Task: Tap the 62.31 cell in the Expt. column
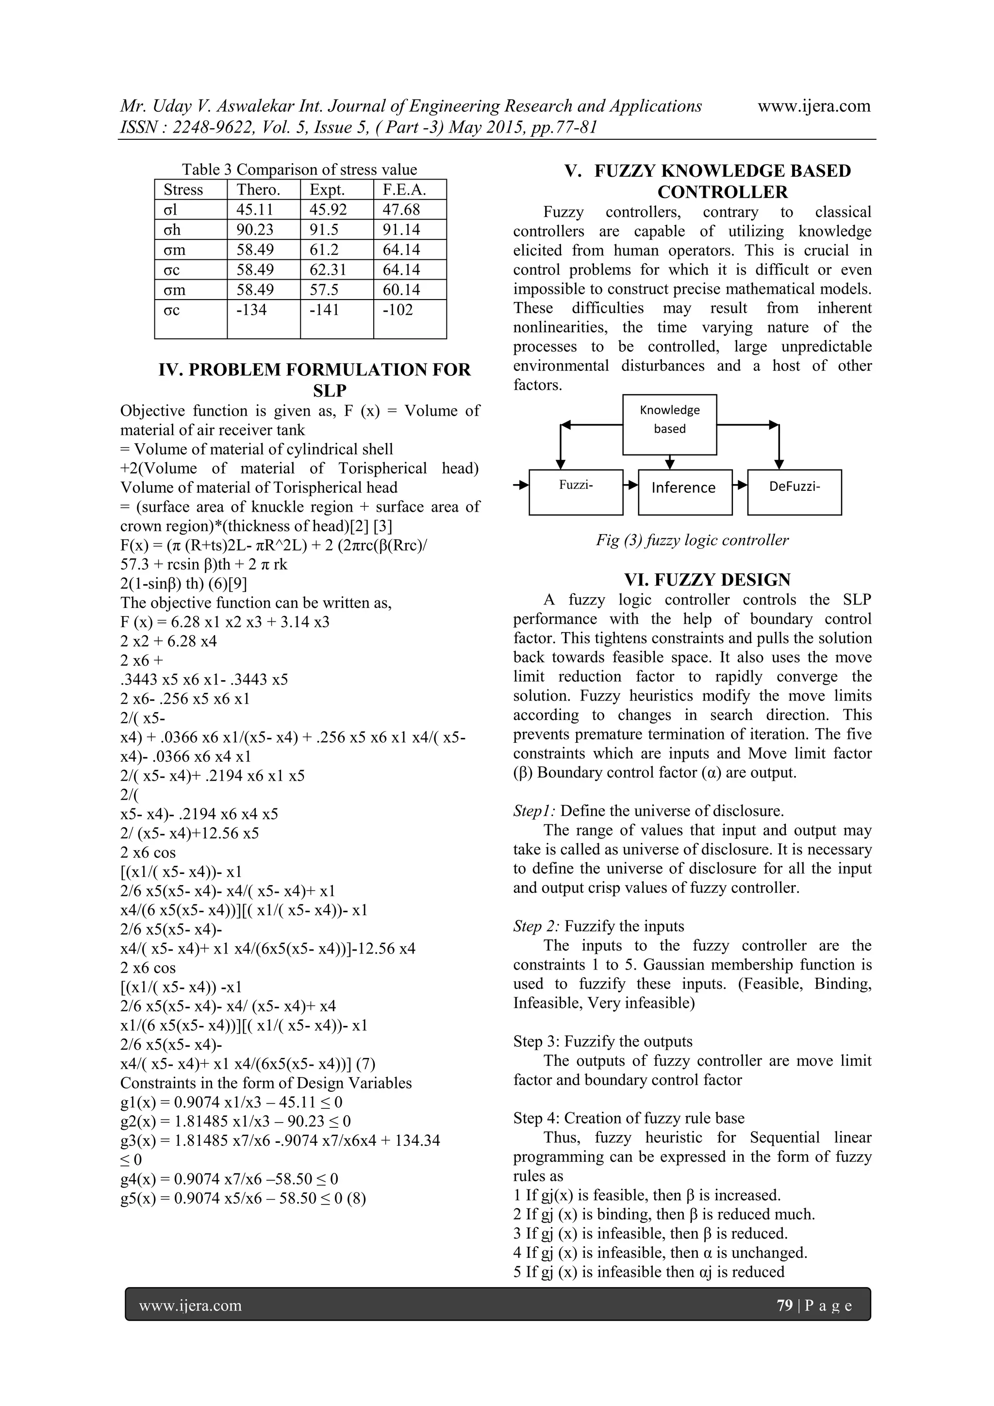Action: pos(328,270)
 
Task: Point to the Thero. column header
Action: pos(258,190)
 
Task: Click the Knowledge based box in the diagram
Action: pos(670,424)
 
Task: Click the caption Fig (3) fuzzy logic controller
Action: pos(692,540)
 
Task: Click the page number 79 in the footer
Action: pos(784,1305)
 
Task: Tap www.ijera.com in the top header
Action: pos(813,106)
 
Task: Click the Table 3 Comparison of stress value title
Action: pos(299,169)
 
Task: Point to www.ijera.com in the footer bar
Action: pos(190,1306)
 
